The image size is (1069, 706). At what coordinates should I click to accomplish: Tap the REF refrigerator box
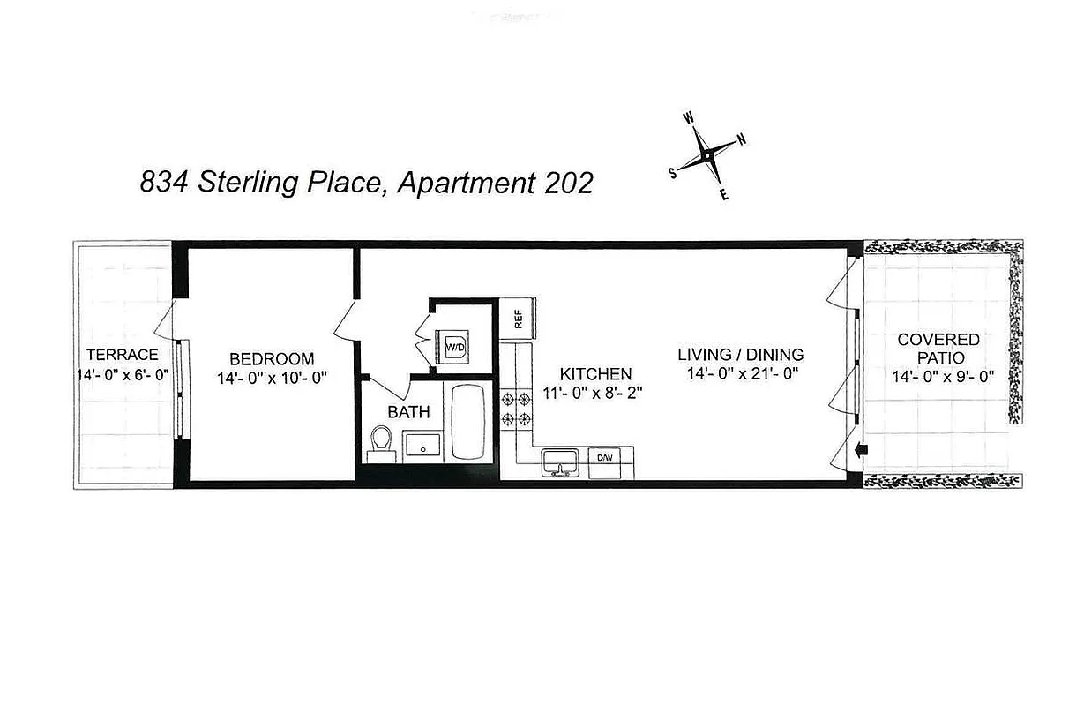pyautogui.click(x=518, y=318)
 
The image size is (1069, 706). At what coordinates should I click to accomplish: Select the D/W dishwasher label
pyautogui.click(x=605, y=458)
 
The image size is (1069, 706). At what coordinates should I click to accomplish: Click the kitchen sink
pyautogui.click(x=557, y=462)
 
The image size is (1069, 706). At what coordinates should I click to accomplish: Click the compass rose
pyautogui.click(x=707, y=156)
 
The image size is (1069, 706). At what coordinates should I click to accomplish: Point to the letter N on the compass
pyautogui.click(x=742, y=139)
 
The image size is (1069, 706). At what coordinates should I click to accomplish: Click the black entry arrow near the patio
pyautogui.click(x=862, y=450)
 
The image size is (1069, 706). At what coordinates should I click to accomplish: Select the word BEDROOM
pyautogui.click(x=272, y=359)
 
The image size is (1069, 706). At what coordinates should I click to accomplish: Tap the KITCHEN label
pyautogui.click(x=595, y=374)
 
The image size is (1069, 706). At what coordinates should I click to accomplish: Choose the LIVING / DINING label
pyautogui.click(x=740, y=355)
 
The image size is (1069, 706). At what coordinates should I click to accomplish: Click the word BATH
pyautogui.click(x=409, y=411)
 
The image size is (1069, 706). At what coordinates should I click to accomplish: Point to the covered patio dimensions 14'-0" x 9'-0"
pyautogui.click(x=943, y=377)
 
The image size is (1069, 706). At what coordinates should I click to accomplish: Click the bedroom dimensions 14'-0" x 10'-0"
pyautogui.click(x=272, y=378)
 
